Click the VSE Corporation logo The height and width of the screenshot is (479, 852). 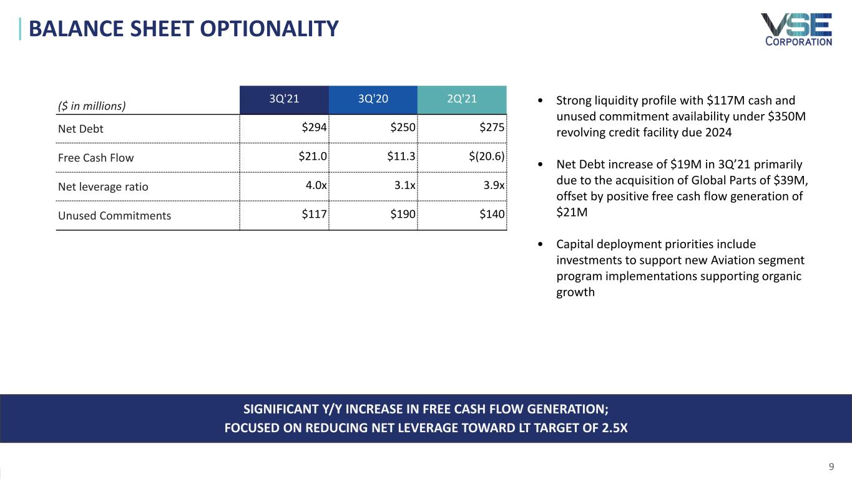(x=796, y=29)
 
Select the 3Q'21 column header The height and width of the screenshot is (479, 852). (x=284, y=99)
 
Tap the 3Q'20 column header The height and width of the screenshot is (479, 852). (x=373, y=99)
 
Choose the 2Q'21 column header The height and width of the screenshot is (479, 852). (x=462, y=99)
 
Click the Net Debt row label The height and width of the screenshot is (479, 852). (x=81, y=129)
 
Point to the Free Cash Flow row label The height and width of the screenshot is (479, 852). (x=95, y=158)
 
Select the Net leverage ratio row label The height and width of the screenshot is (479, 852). (x=103, y=186)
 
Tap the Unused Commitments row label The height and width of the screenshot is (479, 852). (x=114, y=216)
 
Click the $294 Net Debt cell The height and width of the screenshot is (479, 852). (x=314, y=128)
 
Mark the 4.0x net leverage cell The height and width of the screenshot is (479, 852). (x=316, y=186)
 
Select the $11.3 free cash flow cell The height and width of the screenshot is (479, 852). (x=401, y=157)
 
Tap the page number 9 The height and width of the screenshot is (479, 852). (x=831, y=466)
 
